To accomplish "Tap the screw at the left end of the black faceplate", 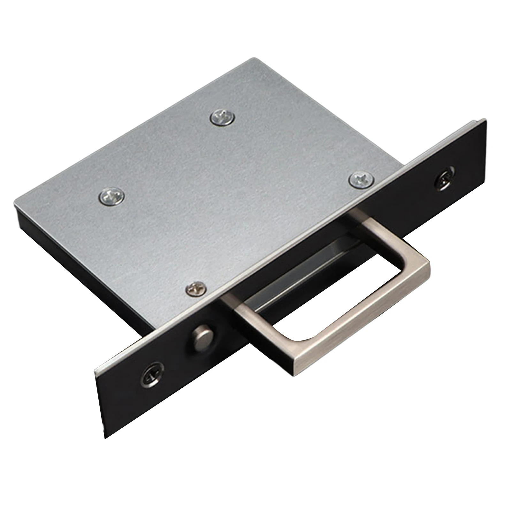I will (152, 374).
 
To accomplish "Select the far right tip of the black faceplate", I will (486, 120).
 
